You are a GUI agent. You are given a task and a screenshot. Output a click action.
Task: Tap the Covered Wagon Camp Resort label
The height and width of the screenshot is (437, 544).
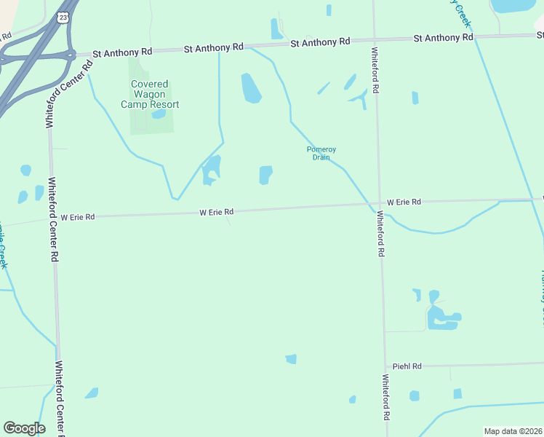pos(150,94)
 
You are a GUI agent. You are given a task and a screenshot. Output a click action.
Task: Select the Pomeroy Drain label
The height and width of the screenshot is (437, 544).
pos(321,153)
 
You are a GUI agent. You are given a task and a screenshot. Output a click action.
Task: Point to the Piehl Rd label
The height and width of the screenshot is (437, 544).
pos(407,366)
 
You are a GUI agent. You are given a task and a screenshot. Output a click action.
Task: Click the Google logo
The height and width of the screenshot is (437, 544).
pos(24,428)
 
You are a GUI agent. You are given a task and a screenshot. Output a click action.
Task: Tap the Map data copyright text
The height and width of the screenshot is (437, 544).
pos(513,430)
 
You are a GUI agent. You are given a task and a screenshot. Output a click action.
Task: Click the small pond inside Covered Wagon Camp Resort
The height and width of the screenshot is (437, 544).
pos(159,114)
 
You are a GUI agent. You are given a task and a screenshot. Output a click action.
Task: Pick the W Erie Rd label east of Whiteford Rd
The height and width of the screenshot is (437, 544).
pos(404,202)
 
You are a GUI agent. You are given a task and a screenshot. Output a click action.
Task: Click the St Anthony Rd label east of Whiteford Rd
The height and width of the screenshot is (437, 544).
pos(443,37)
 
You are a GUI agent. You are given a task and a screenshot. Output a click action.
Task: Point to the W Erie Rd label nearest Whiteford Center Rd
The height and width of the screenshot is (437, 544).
pos(78,217)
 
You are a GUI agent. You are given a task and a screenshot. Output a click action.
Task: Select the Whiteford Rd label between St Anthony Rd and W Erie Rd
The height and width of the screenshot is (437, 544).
pos(376,71)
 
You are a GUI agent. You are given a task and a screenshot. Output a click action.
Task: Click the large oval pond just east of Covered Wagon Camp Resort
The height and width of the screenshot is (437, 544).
pos(251,88)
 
